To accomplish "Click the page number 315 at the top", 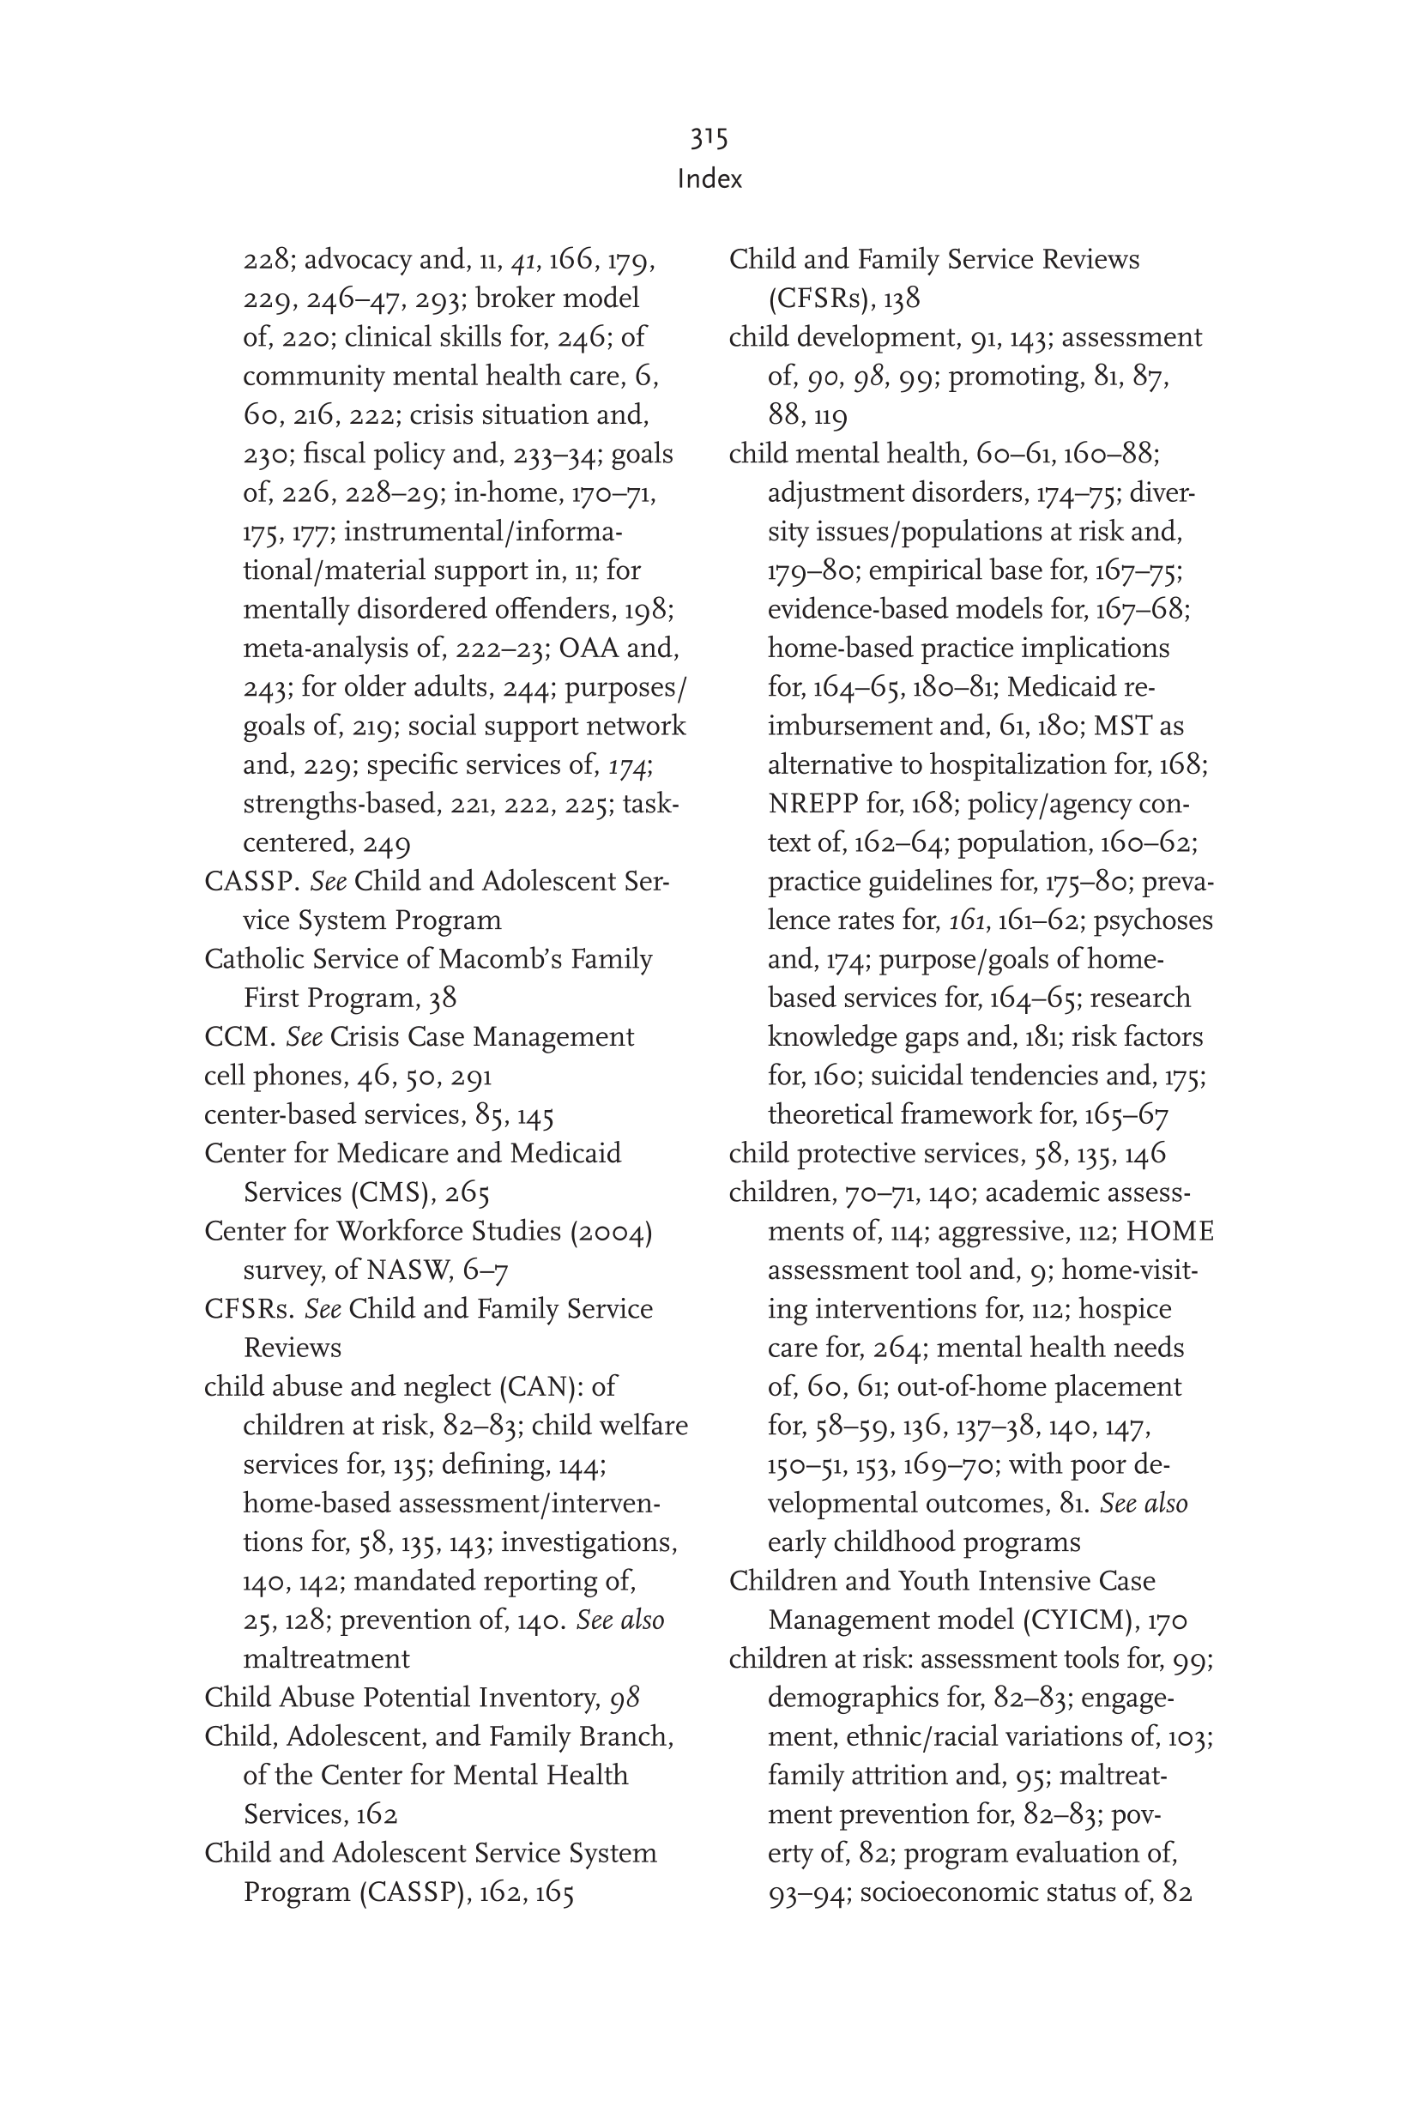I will pyautogui.click(x=710, y=138).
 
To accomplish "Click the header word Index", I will pyautogui.click(x=710, y=178).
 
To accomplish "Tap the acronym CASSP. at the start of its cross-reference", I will pyautogui.click(x=252, y=881).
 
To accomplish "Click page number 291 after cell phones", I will pyautogui.click(x=471, y=1077).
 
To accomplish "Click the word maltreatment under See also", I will pyautogui.click(x=326, y=1658).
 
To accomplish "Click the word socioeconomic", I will pyautogui.click(x=954, y=1892).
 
